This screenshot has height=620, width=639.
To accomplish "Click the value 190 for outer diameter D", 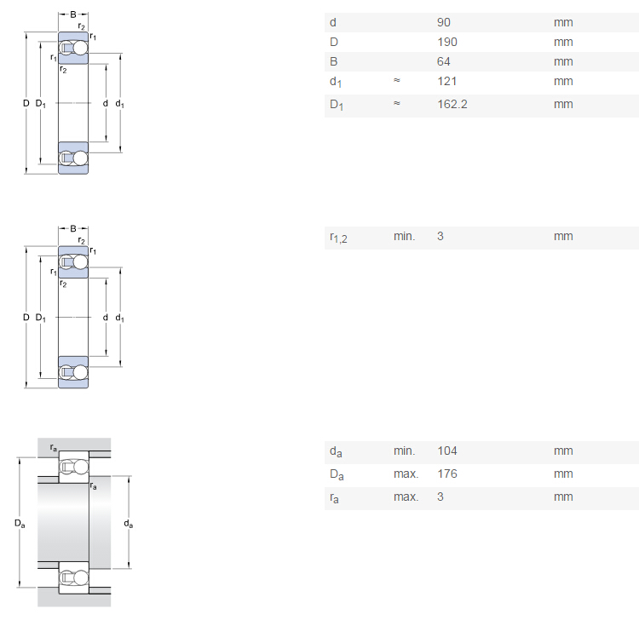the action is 447,42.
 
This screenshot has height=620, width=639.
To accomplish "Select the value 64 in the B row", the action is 443,61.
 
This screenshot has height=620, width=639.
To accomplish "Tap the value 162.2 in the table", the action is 452,104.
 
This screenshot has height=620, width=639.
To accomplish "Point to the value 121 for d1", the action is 446,81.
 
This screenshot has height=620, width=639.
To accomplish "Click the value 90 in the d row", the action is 443,22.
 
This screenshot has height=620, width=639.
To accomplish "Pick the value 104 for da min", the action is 447,451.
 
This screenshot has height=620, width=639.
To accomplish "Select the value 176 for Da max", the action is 447,474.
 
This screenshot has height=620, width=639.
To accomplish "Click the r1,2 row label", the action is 338,238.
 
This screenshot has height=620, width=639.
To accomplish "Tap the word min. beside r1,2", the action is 404,236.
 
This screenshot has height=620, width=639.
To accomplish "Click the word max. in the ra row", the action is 406,497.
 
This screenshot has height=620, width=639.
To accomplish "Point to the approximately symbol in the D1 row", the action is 396,103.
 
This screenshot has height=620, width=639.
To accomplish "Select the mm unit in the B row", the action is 563,62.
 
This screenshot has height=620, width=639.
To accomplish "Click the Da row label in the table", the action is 337,475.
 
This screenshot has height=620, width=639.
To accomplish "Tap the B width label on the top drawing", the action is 73,14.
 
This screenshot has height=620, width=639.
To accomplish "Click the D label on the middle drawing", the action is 26,317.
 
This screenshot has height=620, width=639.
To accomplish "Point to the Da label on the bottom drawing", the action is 20,524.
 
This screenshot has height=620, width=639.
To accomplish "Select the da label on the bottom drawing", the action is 129,524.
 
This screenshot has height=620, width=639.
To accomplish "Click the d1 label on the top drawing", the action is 119,104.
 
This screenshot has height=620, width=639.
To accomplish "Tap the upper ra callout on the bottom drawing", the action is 54,448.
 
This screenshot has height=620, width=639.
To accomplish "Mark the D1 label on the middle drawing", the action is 40,318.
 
